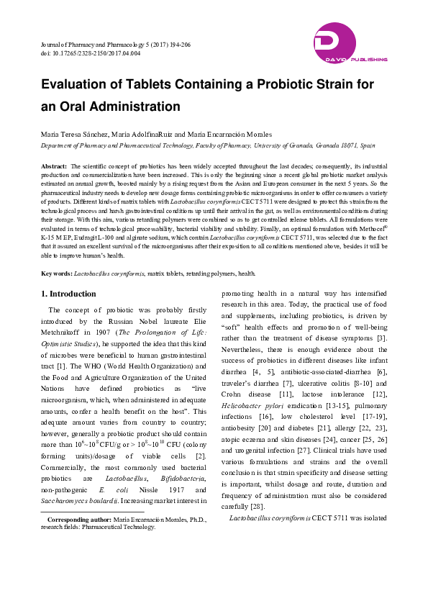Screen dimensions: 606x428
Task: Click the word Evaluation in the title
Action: tap(77, 85)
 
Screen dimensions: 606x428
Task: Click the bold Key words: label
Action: tap(56, 273)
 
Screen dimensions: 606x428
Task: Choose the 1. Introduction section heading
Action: tap(69, 294)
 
